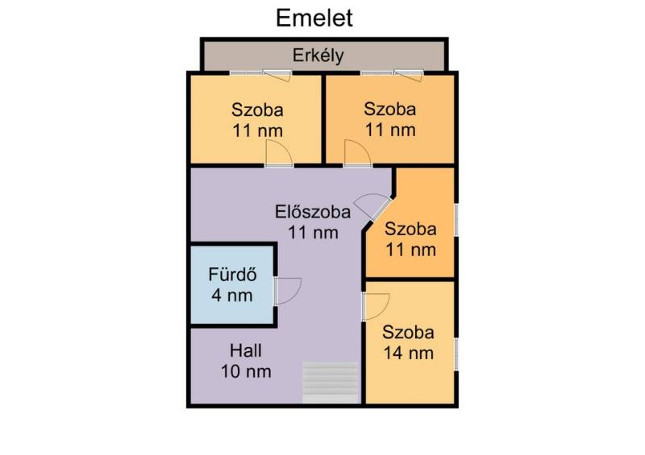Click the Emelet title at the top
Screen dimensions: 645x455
314,18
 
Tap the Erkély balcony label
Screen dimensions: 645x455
318,56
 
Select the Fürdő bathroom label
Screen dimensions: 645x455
232,274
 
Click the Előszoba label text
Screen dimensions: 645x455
313,212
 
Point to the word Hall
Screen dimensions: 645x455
246,350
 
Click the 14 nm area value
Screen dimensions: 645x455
409,353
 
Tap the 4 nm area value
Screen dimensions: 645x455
232,295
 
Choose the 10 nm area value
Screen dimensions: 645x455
246,371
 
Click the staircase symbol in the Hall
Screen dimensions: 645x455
330,383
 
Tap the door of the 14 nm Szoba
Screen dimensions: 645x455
377,306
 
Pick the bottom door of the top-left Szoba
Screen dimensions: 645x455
279,153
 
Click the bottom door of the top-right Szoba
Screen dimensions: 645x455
357,153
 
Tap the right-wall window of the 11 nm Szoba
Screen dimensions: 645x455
456,220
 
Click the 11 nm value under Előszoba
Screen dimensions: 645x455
313,233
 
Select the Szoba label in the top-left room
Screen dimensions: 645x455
257,110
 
